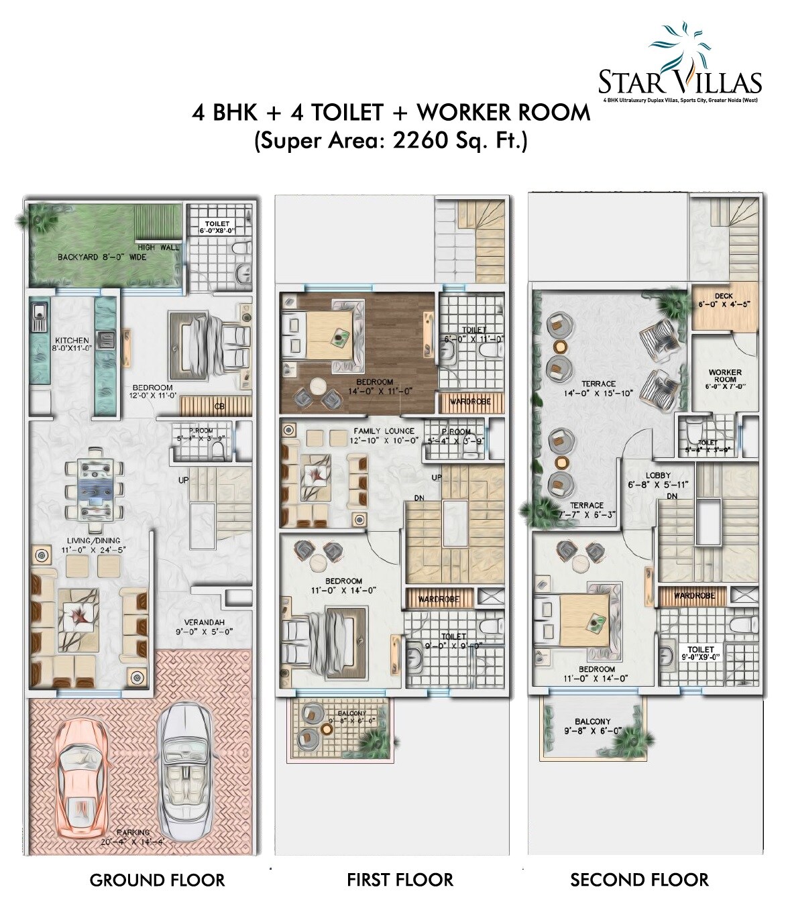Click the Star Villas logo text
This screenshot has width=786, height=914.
pyautogui.click(x=679, y=82)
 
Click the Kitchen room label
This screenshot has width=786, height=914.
pyautogui.click(x=72, y=344)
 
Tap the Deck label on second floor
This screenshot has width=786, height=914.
pyautogui.click(x=724, y=300)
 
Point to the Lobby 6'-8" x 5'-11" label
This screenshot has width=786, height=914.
pyautogui.click(x=658, y=479)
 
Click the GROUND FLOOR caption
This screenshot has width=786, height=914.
pyautogui.click(x=158, y=880)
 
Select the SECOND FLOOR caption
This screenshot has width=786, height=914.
pyautogui.click(x=639, y=880)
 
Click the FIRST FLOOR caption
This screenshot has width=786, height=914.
pyautogui.click(x=400, y=880)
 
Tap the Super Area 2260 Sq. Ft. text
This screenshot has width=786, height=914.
pyautogui.click(x=390, y=141)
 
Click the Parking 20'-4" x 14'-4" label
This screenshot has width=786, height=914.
pyautogui.click(x=133, y=836)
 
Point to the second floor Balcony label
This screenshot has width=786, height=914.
pyautogui.click(x=592, y=726)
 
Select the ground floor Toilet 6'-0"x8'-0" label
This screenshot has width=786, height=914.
pyautogui.click(x=217, y=227)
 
